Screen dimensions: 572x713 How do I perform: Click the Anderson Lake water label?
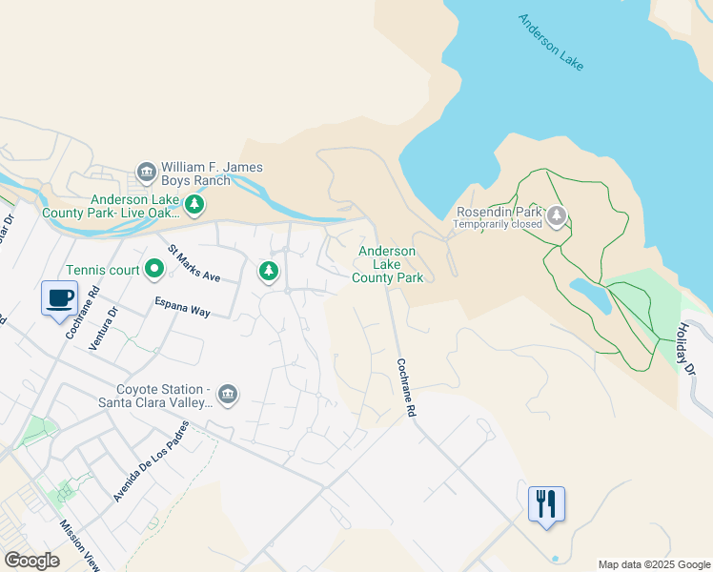coord(551,42)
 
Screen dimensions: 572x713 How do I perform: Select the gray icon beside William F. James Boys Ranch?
coord(147,173)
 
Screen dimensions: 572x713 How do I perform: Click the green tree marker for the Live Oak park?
coord(194,204)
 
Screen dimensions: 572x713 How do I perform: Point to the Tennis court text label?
coord(103,271)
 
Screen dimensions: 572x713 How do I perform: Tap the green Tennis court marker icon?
coord(154,271)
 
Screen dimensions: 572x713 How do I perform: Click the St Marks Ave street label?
coord(194,264)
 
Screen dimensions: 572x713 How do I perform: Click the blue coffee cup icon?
coord(59,297)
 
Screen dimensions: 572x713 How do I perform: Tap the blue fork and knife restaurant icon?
coord(546,503)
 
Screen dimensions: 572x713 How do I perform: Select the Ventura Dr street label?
coord(103,329)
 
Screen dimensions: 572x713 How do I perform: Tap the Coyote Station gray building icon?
coord(227,395)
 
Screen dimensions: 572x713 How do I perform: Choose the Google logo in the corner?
coord(31,560)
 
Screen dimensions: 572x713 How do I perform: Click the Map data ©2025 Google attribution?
coord(654,564)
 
